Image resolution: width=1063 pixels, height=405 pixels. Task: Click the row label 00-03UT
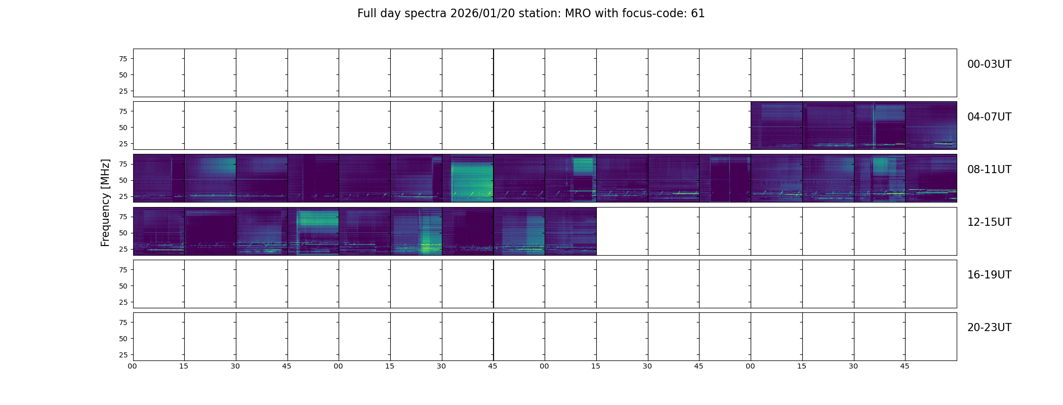pyautogui.click(x=989, y=64)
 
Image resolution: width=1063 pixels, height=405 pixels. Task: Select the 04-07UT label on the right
pyautogui.click(x=989, y=117)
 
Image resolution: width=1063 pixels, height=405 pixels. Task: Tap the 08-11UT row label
pyautogui.click(x=989, y=170)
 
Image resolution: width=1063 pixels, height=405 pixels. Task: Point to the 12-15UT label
pyautogui.click(x=989, y=222)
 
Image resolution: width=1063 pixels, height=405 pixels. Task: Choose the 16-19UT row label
pyautogui.click(x=989, y=275)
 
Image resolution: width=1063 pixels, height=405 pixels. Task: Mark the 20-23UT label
pyautogui.click(x=989, y=328)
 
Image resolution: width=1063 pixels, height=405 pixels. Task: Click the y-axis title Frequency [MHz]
pyautogui.click(x=105, y=202)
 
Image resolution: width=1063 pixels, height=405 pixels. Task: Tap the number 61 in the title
pyautogui.click(x=698, y=14)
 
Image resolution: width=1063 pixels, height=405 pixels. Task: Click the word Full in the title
pyautogui.click(x=366, y=14)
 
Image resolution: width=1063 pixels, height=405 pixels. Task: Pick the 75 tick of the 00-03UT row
pyautogui.click(x=123, y=59)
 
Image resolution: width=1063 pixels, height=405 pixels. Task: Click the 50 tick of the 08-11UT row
pyautogui.click(x=123, y=180)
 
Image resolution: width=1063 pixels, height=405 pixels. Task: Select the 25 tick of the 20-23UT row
pyautogui.click(x=123, y=355)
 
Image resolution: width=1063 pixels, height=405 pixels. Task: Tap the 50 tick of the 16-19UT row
pyautogui.click(x=123, y=286)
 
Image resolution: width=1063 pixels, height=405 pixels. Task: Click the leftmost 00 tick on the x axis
pyautogui.click(x=133, y=366)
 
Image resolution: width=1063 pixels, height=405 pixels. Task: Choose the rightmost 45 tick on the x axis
pyautogui.click(x=905, y=366)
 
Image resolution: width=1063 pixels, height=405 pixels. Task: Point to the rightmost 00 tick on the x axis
pyautogui.click(x=751, y=366)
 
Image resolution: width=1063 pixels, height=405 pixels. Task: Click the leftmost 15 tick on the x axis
pyautogui.click(x=184, y=366)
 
